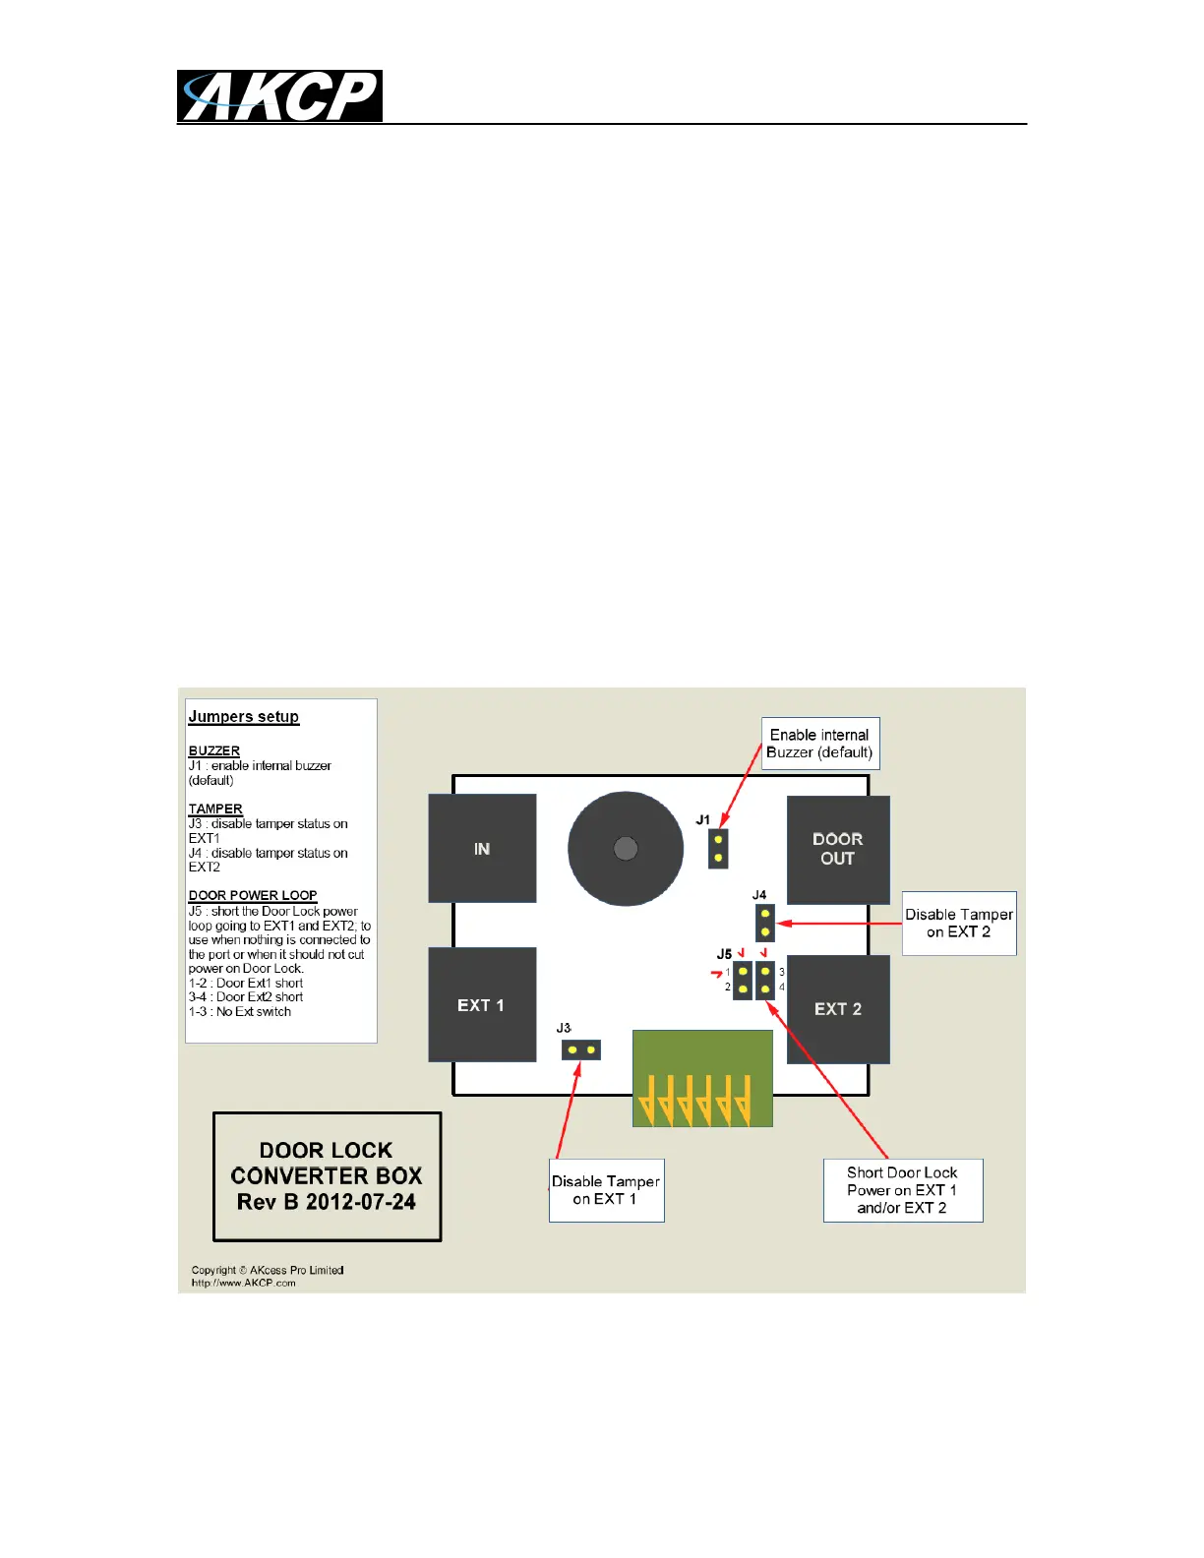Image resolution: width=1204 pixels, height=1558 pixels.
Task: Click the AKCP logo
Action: pos(279,96)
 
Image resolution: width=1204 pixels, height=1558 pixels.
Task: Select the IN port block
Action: pos(482,848)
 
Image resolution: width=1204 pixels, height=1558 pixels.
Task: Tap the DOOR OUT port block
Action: pos(838,849)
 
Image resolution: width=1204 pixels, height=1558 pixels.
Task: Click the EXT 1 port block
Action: pos(482,1004)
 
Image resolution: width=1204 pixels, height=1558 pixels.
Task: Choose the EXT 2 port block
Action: pos(838,1008)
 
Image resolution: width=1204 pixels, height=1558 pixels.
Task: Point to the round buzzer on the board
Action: pos(626,848)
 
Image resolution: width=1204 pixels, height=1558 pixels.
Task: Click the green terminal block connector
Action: pos(702,1078)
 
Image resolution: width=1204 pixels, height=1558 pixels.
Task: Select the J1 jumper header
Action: pos(719,849)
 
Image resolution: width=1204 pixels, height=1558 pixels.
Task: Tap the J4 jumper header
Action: pos(765,923)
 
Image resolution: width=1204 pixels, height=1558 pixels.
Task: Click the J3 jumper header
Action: pos(581,1049)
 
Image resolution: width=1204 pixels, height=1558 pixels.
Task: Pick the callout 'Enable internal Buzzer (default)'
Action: pos(820,744)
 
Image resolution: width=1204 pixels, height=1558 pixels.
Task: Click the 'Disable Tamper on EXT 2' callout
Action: pos(959,923)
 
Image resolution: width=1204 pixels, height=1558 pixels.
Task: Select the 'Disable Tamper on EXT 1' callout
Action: pos(606,1190)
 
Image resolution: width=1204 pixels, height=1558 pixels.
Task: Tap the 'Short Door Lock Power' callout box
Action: pos(902,1190)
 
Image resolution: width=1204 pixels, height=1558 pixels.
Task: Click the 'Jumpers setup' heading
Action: pos(244,716)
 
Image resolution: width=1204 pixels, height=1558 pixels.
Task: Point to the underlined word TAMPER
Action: pos(215,809)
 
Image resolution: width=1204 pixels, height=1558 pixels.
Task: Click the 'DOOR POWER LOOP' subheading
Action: pos(253,895)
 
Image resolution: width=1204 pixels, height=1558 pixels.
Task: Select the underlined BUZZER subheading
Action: pos(214,750)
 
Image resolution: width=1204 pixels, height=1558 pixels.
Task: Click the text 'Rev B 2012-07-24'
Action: pos(327,1202)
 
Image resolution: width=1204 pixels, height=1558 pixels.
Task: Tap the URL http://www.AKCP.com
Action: pos(244,1283)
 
